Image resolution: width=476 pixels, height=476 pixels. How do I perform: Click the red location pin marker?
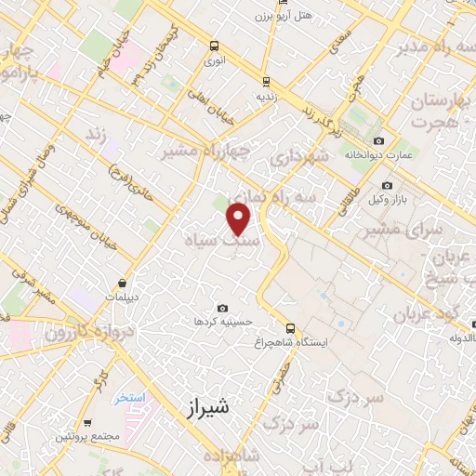click(239, 219)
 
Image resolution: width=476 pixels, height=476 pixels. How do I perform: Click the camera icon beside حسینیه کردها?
click(221, 308)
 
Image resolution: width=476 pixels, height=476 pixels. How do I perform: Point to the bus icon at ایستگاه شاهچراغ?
click(291, 328)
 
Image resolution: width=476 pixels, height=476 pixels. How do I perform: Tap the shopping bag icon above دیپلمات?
click(124, 284)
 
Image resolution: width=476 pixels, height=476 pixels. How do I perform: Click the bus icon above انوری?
click(215, 46)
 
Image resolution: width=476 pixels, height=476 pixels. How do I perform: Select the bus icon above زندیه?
click(268, 81)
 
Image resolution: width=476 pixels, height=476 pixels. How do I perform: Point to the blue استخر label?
click(131, 398)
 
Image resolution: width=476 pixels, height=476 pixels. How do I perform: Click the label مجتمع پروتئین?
click(90, 435)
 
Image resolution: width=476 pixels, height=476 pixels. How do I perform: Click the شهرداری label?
click(300, 158)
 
